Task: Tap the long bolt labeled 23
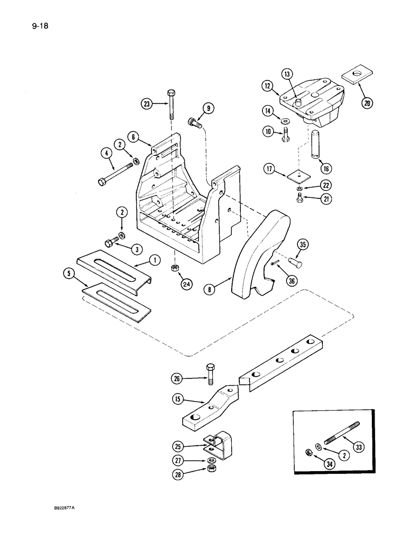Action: click(171, 107)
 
